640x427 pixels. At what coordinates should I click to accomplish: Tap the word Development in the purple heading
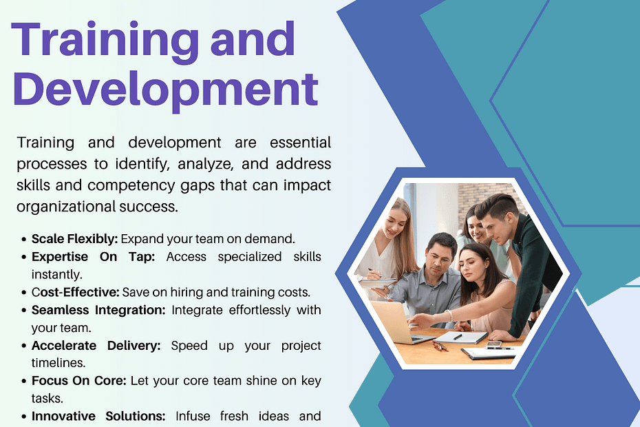(165, 91)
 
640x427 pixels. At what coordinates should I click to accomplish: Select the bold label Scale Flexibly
(75, 239)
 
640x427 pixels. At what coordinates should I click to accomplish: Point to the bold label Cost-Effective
(76, 292)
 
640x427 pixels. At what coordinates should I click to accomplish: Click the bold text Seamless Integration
(98, 310)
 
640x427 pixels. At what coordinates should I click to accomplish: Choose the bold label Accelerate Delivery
(96, 346)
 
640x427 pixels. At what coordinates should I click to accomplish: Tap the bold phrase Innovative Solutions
(98, 417)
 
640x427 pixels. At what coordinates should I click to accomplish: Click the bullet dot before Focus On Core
(23, 382)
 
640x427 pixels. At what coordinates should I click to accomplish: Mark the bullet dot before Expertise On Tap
(23, 258)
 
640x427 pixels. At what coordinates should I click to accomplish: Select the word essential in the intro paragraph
(301, 143)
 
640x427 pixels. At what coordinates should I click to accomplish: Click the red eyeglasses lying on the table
(440, 346)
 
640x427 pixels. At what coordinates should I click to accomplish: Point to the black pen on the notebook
(458, 337)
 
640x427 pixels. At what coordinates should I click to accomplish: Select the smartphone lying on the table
(494, 344)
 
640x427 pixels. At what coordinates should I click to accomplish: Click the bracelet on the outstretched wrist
(450, 315)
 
